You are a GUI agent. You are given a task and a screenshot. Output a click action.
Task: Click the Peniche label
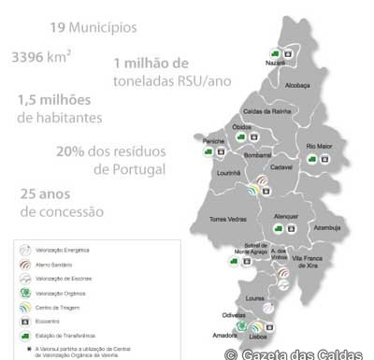[x=214, y=139]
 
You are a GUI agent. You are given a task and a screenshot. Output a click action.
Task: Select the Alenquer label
[x=285, y=216]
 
